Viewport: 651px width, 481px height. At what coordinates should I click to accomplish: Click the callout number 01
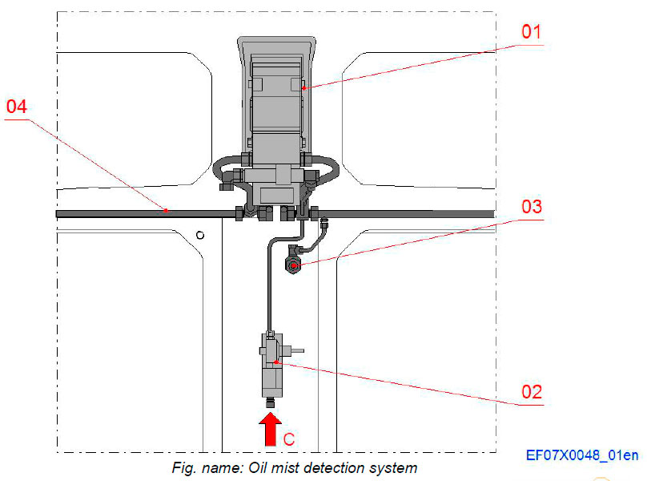pyautogui.click(x=532, y=34)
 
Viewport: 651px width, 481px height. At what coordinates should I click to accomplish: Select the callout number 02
pyautogui.click(x=532, y=392)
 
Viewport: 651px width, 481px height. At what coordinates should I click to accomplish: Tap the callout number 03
pyautogui.click(x=532, y=206)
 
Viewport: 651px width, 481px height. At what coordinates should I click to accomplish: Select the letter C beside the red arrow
pyautogui.click(x=290, y=439)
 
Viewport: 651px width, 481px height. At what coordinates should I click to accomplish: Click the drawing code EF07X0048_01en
pyautogui.click(x=582, y=455)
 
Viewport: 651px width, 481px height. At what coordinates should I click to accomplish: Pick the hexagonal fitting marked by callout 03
pyautogui.click(x=294, y=265)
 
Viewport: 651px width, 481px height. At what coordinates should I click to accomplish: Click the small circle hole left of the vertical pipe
pyautogui.click(x=200, y=235)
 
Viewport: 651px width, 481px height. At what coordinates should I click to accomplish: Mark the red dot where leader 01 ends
pyautogui.click(x=305, y=88)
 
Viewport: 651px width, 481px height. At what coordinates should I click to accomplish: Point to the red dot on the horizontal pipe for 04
pyautogui.click(x=166, y=211)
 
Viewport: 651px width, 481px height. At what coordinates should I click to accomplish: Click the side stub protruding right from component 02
pyautogui.click(x=295, y=350)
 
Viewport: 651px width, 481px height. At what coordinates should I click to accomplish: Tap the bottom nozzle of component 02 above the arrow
pyautogui.click(x=271, y=401)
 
